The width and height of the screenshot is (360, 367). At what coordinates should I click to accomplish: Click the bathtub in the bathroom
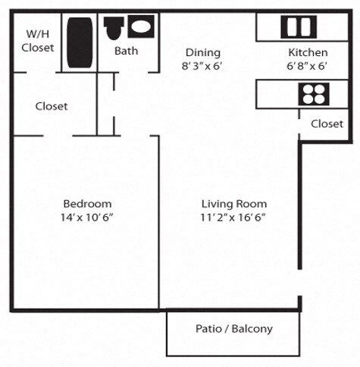pyautogui.click(x=79, y=42)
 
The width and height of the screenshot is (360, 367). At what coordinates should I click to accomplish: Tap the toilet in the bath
pyautogui.click(x=114, y=29)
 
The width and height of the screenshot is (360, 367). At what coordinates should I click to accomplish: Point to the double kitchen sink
pyautogui.click(x=292, y=27)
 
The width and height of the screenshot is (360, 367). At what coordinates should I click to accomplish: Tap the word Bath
pyautogui.click(x=126, y=52)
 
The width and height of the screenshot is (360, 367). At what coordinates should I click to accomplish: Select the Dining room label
pyautogui.click(x=203, y=52)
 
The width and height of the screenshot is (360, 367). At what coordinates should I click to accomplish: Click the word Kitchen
pyautogui.click(x=308, y=52)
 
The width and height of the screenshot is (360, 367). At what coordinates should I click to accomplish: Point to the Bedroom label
pyautogui.click(x=87, y=203)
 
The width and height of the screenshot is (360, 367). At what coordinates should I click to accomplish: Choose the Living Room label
pyautogui.click(x=233, y=203)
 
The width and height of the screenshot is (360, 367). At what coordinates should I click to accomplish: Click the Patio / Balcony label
pyautogui.click(x=233, y=329)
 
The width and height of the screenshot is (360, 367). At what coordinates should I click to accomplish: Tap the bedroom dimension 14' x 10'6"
pyautogui.click(x=87, y=218)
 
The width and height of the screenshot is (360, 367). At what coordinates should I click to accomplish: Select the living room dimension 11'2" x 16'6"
pyautogui.click(x=233, y=218)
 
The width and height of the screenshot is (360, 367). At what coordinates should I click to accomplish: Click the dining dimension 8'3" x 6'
pyautogui.click(x=203, y=66)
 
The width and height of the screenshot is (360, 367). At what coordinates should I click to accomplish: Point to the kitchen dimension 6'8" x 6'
pyautogui.click(x=308, y=66)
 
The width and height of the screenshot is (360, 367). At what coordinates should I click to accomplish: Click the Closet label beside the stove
pyautogui.click(x=327, y=123)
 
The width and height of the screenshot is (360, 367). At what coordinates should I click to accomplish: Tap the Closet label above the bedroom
pyautogui.click(x=52, y=106)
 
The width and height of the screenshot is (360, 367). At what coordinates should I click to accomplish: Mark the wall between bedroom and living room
pyautogui.click(x=158, y=227)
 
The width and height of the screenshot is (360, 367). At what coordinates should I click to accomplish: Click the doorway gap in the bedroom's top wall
pyautogui.click(x=58, y=135)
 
